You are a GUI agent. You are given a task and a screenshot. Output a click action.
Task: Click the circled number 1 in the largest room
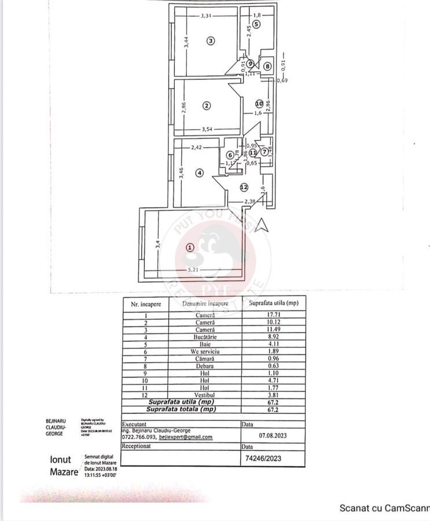pos(189,247)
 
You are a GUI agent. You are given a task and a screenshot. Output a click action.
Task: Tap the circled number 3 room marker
pos(211,41)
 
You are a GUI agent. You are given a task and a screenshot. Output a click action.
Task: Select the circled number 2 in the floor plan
pos(205,105)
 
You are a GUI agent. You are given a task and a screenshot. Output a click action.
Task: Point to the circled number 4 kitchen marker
pos(199,173)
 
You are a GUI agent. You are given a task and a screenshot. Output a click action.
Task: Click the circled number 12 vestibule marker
pos(244,187)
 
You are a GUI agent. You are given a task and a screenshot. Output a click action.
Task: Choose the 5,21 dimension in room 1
pos(193,269)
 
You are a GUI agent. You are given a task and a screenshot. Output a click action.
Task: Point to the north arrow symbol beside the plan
pos(263,225)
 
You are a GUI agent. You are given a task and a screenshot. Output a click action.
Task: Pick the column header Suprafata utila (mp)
pos(273,303)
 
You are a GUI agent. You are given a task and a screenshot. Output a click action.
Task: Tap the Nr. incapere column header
pos(146,303)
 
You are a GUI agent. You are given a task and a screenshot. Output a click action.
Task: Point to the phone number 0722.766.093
pos(139,438)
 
